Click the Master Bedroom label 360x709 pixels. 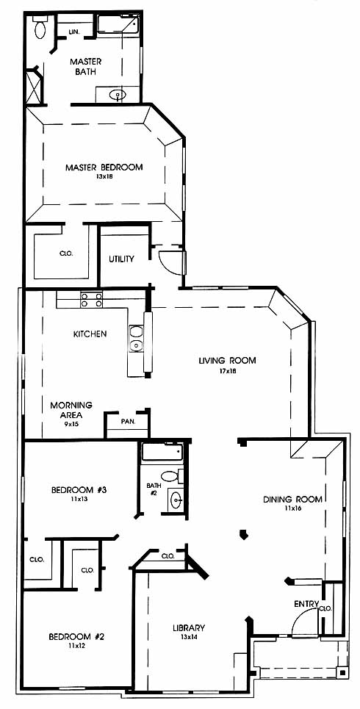(x=104, y=168)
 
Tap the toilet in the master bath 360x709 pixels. (x=40, y=28)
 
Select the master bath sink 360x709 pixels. (x=118, y=95)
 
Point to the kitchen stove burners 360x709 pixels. (x=91, y=300)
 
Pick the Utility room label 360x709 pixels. (x=121, y=259)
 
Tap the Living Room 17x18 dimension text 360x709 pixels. (x=228, y=371)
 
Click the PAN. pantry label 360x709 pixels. (x=126, y=422)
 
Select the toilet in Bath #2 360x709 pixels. (x=173, y=476)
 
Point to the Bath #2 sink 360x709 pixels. (x=175, y=500)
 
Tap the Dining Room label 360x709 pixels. (x=293, y=500)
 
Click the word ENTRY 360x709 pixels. (x=306, y=604)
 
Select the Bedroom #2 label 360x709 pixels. (x=77, y=637)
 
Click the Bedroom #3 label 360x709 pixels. (x=79, y=490)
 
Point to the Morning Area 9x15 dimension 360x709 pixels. (x=71, y=424)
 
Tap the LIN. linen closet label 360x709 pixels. (x=74, y=32)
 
